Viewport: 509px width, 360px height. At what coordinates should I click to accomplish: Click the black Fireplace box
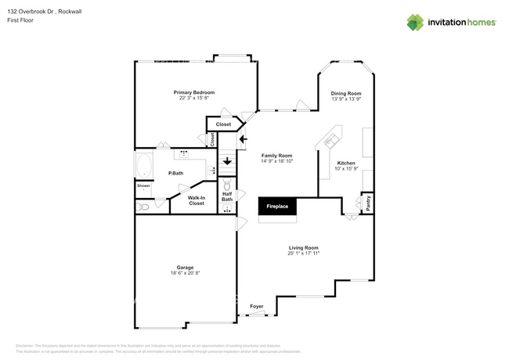(x=276, y=207)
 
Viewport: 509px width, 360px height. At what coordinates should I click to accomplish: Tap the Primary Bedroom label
(x=194, y=92)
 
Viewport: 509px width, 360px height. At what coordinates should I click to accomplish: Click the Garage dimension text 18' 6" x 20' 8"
(x=185, y=273)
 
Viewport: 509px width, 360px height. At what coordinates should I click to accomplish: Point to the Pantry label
(x=368, y=203)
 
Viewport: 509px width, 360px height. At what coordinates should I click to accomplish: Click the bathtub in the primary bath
(x=145, y=167)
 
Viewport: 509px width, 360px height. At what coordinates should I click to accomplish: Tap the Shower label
(x=143, y=185)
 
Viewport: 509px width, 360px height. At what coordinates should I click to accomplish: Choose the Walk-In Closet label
(x=197, y=200)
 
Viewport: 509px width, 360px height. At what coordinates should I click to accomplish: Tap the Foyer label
(x=257, y=306)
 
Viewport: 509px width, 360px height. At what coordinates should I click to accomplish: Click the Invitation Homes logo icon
(x=415, y=22)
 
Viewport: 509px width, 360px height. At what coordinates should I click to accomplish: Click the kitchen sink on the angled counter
(x=330, y=141)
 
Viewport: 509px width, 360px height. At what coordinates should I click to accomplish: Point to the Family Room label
(x=276, y=155)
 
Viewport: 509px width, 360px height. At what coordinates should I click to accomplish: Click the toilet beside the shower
(x=143, y=207)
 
